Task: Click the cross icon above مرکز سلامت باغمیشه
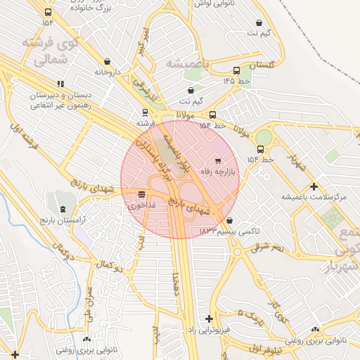[314, 187]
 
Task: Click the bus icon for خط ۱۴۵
[236, 70]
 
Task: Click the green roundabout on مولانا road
[264, 136]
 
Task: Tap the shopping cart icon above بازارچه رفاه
[218, 162]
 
